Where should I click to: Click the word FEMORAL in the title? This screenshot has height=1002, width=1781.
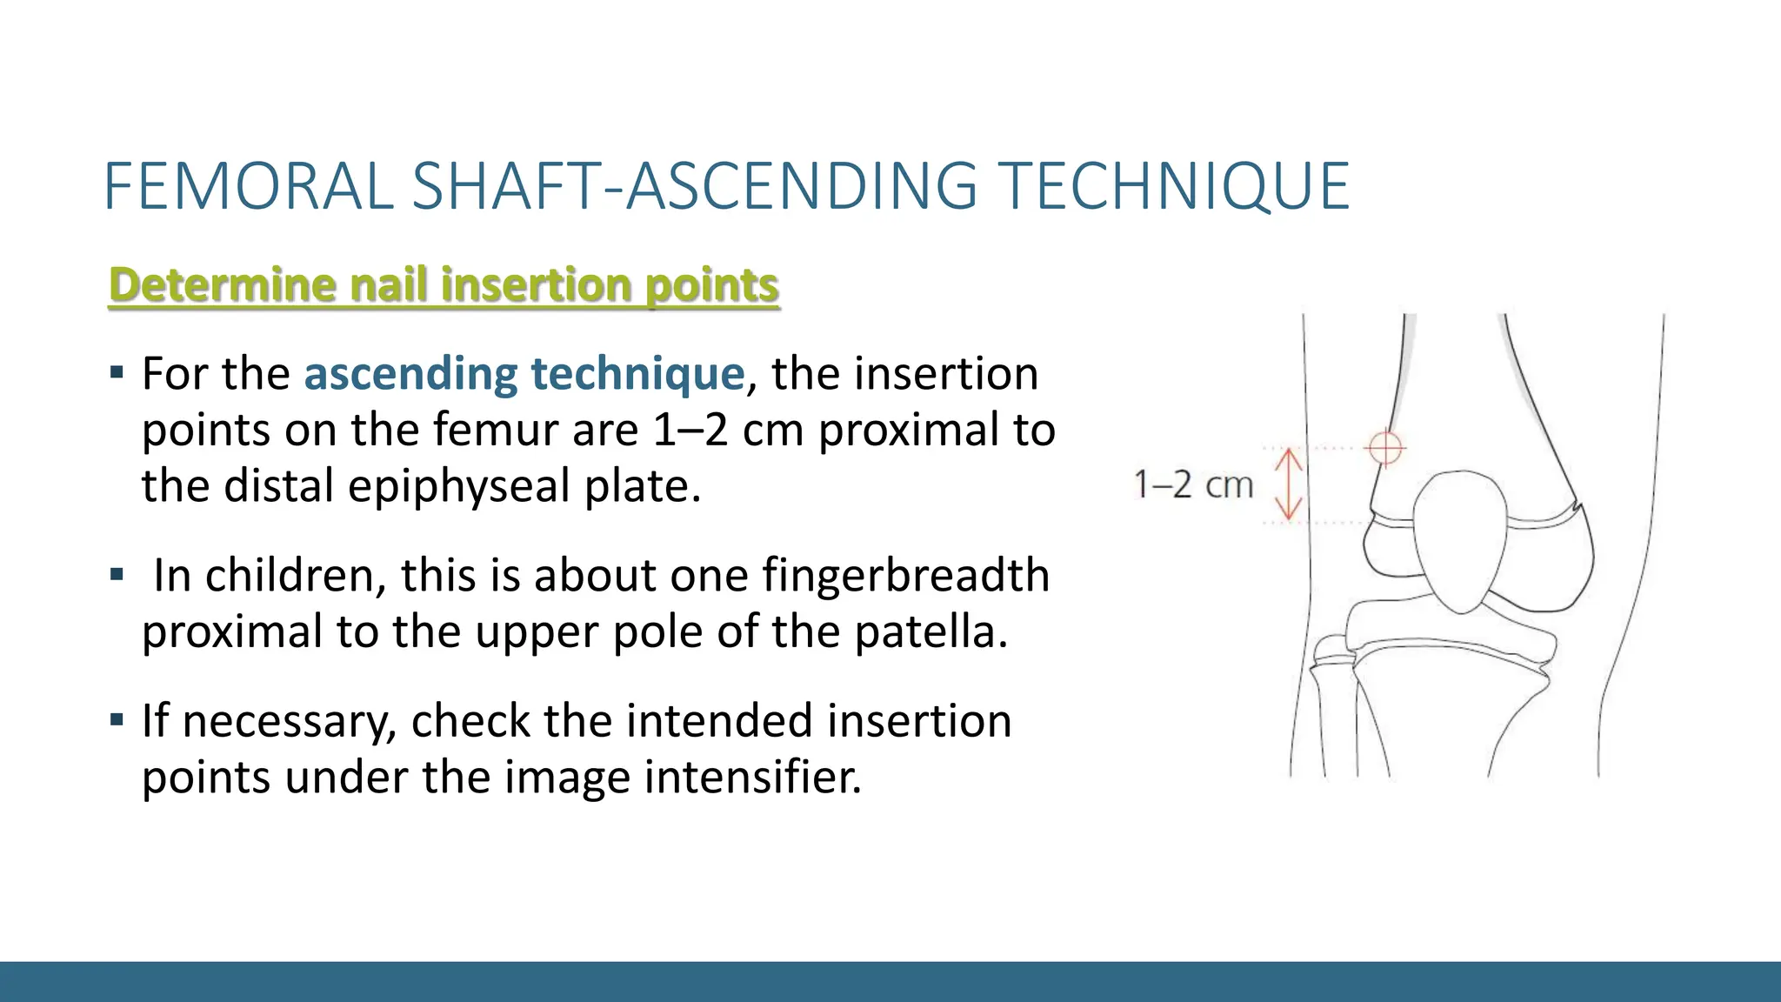pyautogui.click(x=249, y=186)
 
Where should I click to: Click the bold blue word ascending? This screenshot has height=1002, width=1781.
pyautogui.click(x=411, y=374)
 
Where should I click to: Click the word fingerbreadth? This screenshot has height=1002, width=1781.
pyautogui.click(x=905, y=576)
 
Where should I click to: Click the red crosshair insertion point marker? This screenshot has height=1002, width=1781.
pyautogui.click(x=1384, y=448)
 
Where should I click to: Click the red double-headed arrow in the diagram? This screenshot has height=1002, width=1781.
pyautogui.click(x=1288, y=484)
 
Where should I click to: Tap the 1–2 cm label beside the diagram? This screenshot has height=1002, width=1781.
pyautogui.click(x=1193, y=484)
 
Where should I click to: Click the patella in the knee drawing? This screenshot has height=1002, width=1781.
pyautogui.click(x=1461, y=539)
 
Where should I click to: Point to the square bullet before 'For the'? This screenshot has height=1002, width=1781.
pyautogui.click(x=117, y=374)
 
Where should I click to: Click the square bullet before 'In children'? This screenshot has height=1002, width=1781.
pyautogui.click(x=117, y=575)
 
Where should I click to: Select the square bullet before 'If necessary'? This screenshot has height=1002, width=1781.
pyautogui.click(x=117, y=720)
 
